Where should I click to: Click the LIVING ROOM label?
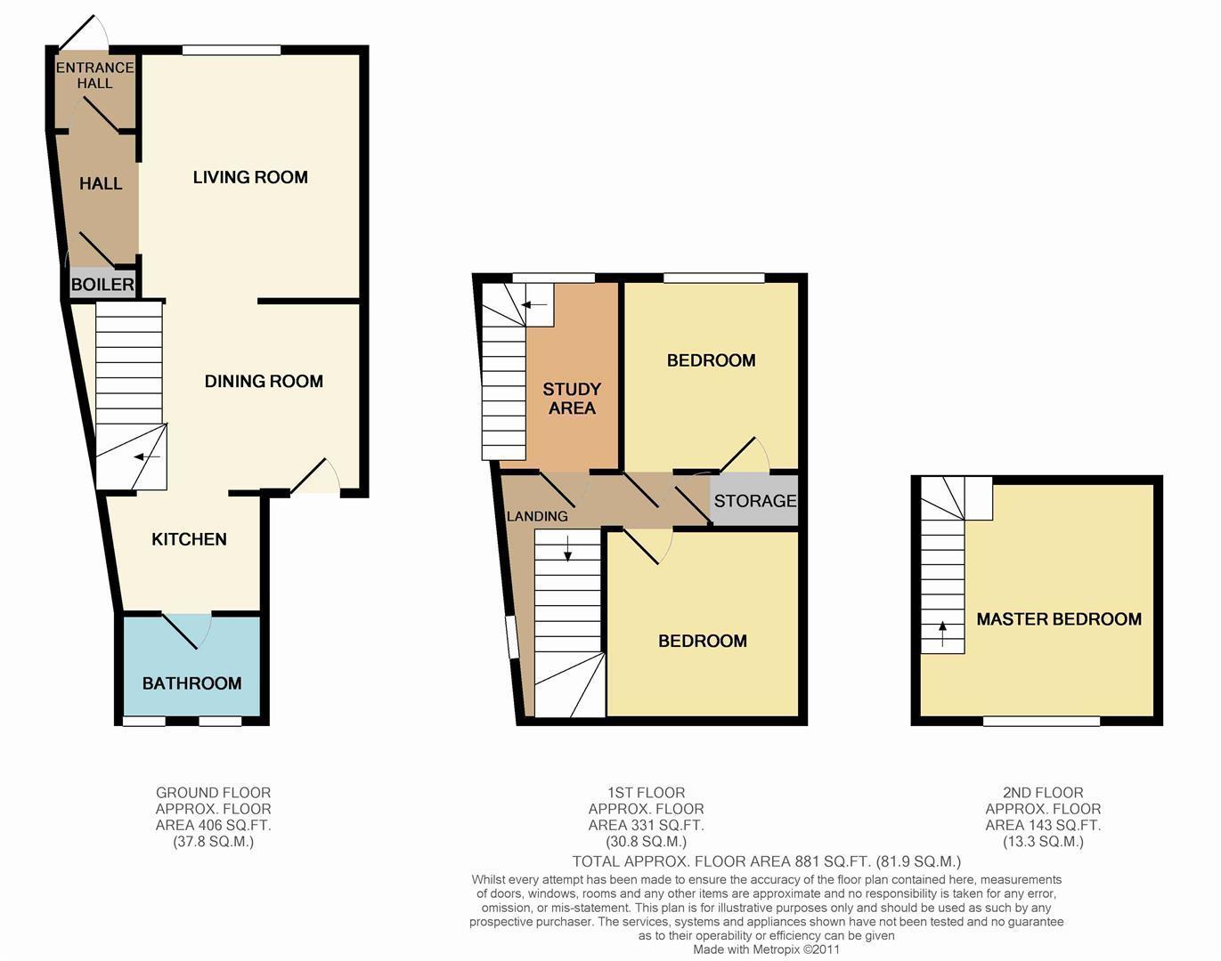click(x=250, y=177)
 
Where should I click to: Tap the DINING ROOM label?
click(x=264, y=381)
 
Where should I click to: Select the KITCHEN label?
click(x=189, y=539)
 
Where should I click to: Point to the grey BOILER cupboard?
click(x=102, y=284)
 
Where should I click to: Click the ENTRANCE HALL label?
click(x=94, y=75)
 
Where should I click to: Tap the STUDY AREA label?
click(x=572, y=399)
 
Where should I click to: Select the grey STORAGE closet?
click(x=754, y=501)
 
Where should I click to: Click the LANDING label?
click(x=537, y=516)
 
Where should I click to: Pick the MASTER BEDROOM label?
click(x=1059, y=619)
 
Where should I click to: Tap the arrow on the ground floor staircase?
click(x=147, y=457)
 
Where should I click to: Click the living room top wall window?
click(x=232, y=51)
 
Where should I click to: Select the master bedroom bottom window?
click(x=1041, y=722)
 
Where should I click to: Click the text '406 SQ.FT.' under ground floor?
click(x=213, y=825)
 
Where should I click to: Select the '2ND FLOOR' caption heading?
click(x=1043, y=792)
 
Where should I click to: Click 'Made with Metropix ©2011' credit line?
click(x=766, y=949)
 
